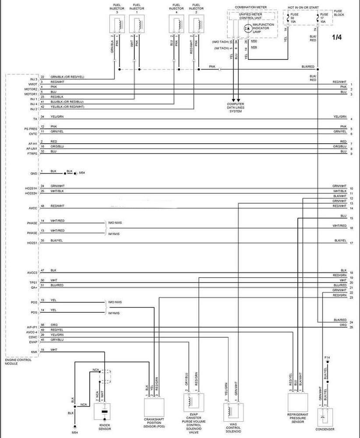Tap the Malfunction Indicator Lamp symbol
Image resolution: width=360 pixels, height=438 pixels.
[x=247, y=28]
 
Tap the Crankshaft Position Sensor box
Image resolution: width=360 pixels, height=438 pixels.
[x=153, y=408]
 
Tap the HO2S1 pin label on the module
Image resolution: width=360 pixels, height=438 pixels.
[x=32, y=243]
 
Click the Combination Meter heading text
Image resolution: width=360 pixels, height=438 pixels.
[x=251, y=7]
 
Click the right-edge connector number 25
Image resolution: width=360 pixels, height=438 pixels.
[x=351, y=327]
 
